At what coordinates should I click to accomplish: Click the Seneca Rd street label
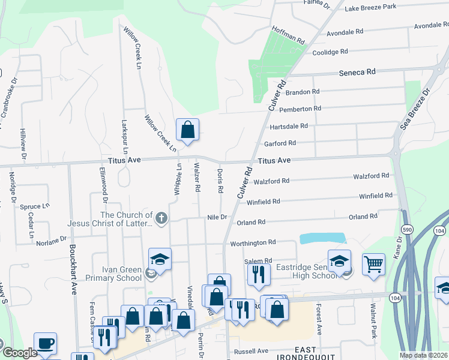(357, 71)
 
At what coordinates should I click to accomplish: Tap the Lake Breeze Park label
(370, 7)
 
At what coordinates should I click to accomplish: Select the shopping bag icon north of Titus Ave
(187, 129)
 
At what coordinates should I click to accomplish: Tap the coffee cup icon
(46, 343)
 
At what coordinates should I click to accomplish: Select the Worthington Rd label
(252, 242)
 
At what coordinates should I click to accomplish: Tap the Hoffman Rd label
(288, 35)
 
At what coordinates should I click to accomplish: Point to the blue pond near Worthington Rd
(322, 238)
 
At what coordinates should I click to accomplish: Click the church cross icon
(160, 219)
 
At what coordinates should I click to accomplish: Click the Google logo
(20, 353)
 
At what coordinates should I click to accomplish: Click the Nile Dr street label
(217, 217)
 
